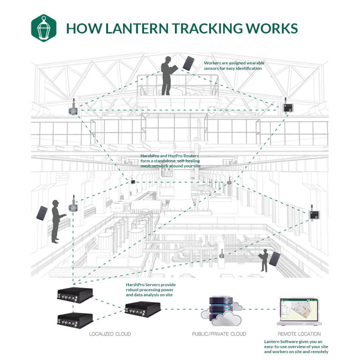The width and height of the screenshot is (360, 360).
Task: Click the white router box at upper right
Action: [x=287, y=107]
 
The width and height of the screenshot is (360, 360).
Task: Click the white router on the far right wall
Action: [x=311, y=215]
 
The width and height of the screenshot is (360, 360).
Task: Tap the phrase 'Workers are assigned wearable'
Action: [x=233, y=63]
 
